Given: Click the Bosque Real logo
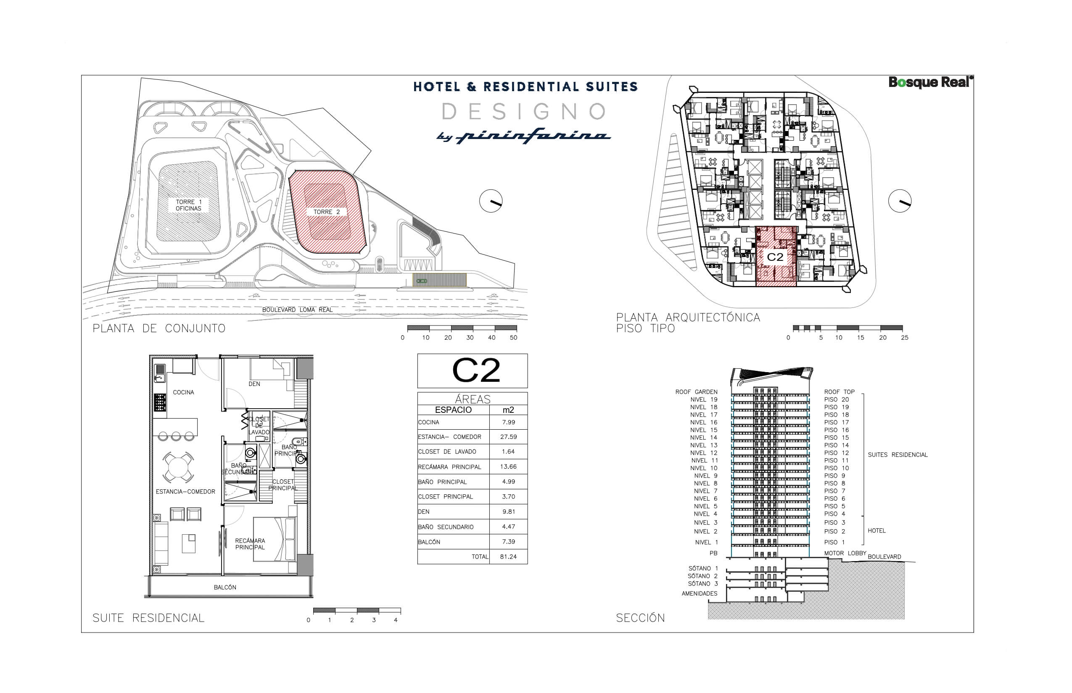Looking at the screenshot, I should point(930,82).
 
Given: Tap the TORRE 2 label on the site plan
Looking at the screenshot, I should point(327,212).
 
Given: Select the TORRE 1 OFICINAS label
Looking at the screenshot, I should point(188,205).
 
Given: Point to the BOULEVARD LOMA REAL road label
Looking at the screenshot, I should point(297,310).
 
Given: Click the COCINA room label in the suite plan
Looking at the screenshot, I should point(183,392).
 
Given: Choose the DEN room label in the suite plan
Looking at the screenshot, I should point(254,384).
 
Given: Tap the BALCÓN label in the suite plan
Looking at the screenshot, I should point(225,587).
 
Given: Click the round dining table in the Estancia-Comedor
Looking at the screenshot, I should point(178,467).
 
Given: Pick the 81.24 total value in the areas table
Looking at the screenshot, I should point(508,556).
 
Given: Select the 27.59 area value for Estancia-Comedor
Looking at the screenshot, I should point(508,437).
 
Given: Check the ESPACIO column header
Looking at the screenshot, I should point(453,410).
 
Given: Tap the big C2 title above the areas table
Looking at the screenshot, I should point(475,371).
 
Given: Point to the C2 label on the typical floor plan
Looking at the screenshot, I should point(775,257).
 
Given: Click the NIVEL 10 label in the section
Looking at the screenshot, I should point(704,468).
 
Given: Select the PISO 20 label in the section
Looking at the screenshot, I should point(837,399).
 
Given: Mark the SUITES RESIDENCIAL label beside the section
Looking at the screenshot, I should point(897,455).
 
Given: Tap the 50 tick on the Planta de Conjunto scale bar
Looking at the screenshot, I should point(513,338).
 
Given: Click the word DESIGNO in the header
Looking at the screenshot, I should point(524,112).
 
